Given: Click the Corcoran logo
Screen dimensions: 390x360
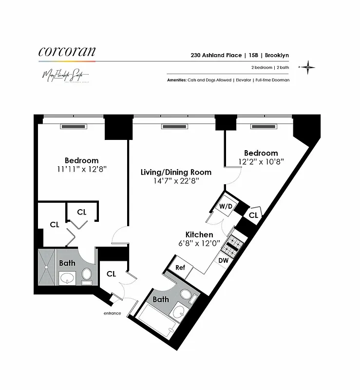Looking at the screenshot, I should tap(67, 52).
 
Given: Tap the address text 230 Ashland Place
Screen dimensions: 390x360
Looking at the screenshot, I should tap(210, 56).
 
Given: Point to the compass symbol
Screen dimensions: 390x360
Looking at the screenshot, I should tap(308, 68).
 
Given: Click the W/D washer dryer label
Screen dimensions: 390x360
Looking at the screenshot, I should tap(226, 206).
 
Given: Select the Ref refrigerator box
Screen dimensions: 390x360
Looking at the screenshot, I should tap(180, 267).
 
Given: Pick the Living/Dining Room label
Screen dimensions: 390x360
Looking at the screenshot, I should tap(176, 172).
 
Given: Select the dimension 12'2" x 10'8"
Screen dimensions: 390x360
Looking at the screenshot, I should tap(261, 161).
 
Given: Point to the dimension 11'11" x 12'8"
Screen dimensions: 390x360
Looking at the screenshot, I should tap(81, 169).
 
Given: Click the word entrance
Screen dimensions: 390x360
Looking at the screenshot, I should tap(112, 313).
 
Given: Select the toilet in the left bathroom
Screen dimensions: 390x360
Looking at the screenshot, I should tap(87, 275).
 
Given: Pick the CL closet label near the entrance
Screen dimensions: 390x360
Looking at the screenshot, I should tap(111, 274).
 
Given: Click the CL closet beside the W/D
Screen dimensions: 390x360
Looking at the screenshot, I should tap(253, 215).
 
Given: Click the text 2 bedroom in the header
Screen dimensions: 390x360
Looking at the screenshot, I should tap(259, 68).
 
